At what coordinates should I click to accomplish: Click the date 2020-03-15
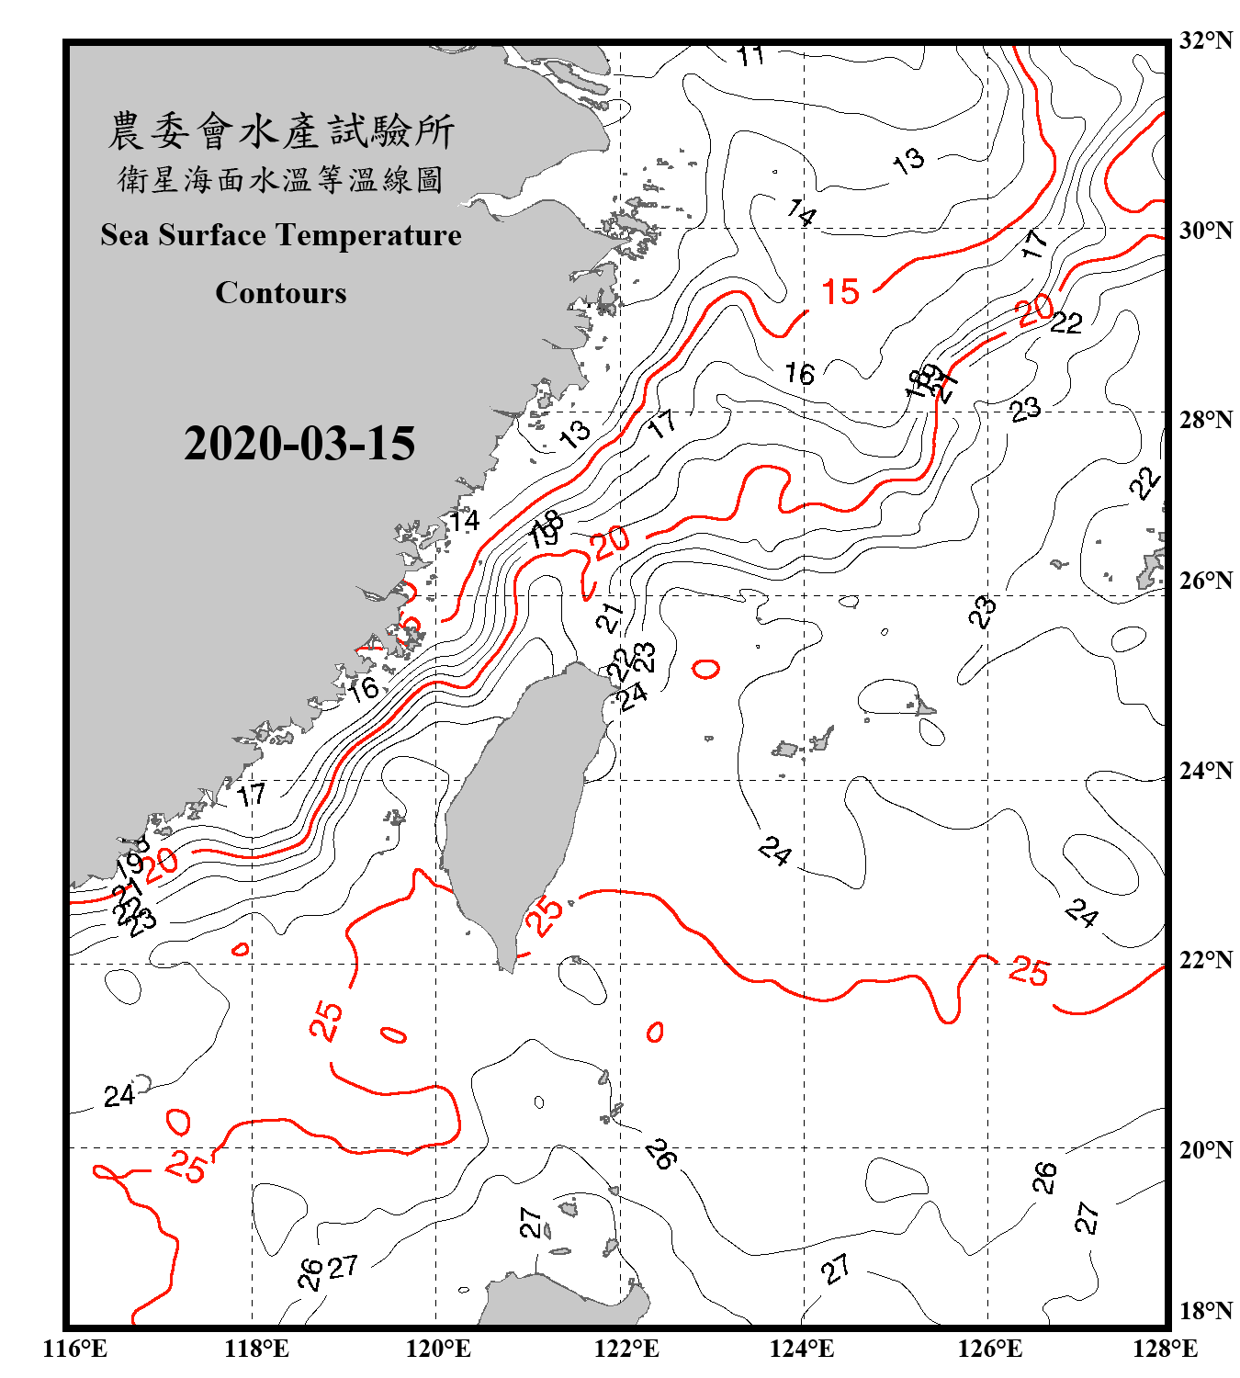tap(299, 444)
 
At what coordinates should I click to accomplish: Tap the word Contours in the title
tap(281, 293)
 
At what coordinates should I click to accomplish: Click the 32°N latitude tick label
tap(1205, 40)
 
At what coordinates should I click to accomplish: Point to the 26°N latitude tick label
tap(1205, 581)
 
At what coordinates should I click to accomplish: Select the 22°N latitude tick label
tap(1205, 960)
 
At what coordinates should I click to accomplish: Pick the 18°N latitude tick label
tap(1205, 1311)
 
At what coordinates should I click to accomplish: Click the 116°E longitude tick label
tap(75, 1349)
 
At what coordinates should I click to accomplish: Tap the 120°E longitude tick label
tap(438, 1349)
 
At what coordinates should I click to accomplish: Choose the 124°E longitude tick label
tap(802, 1349)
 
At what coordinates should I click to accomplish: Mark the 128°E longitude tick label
tap(1165, 1349)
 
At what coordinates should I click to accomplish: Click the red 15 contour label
tap(840, 292)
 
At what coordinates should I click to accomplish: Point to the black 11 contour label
tap(751, 56)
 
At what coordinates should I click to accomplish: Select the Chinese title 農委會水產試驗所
tap(281, 131)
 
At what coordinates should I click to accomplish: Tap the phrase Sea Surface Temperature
tap(281, 235)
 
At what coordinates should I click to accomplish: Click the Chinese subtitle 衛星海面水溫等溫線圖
tap(281, 180)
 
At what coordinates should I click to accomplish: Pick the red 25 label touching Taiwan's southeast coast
tap(544, 916)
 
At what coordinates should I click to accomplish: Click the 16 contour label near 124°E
tap(799, 374)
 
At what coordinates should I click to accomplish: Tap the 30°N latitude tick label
tap(1205, 231)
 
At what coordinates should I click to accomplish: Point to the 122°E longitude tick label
tap(626, 1349)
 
